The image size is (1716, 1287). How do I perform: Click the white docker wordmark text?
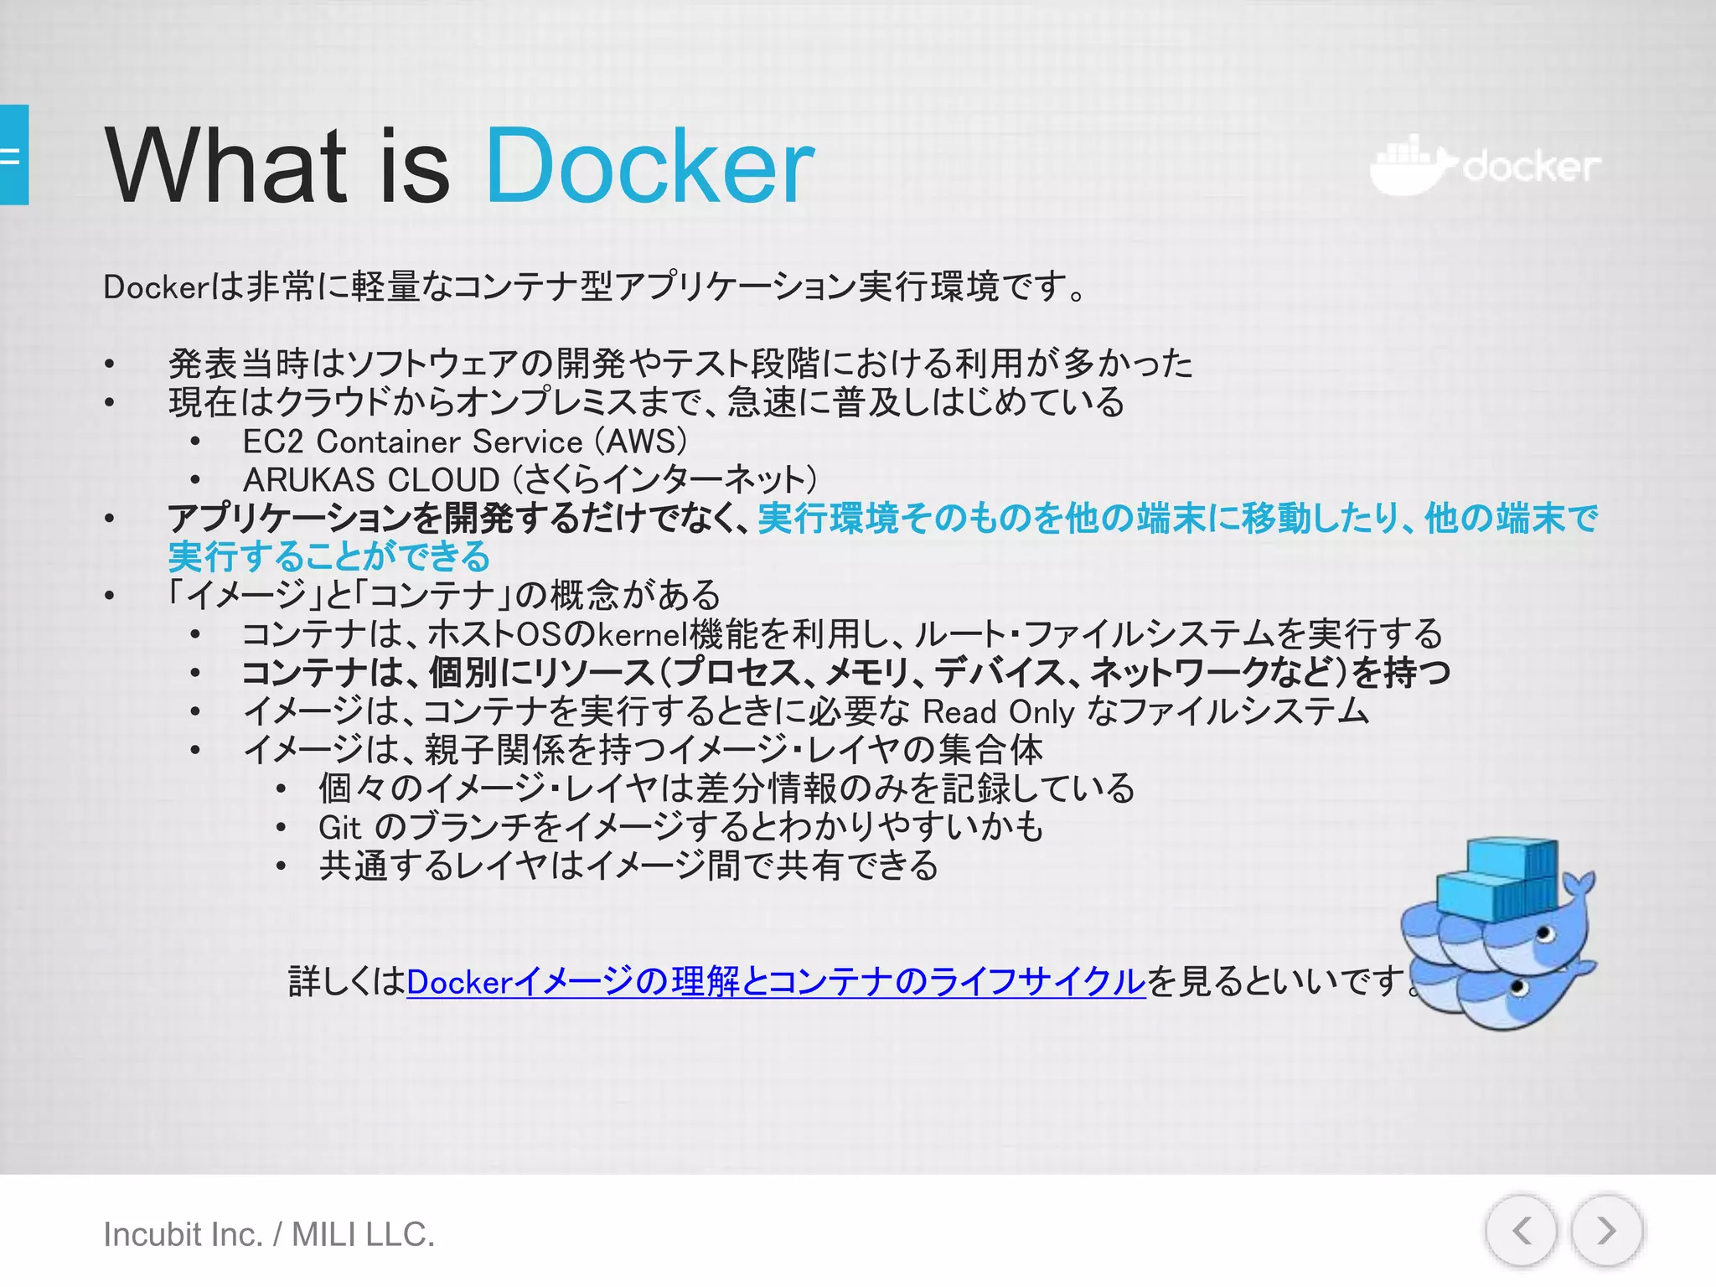point(1532,167)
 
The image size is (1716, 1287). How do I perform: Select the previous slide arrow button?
point(1522,1231)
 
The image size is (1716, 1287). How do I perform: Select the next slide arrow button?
point(1606,1231)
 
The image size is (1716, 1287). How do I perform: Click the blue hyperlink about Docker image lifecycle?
point(775,981)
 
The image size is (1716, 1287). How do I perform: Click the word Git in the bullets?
point(339,828)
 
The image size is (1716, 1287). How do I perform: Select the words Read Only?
point(998,712)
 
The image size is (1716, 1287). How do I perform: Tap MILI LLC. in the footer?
point(363,1234)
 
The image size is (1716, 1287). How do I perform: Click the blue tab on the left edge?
point(14,155)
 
